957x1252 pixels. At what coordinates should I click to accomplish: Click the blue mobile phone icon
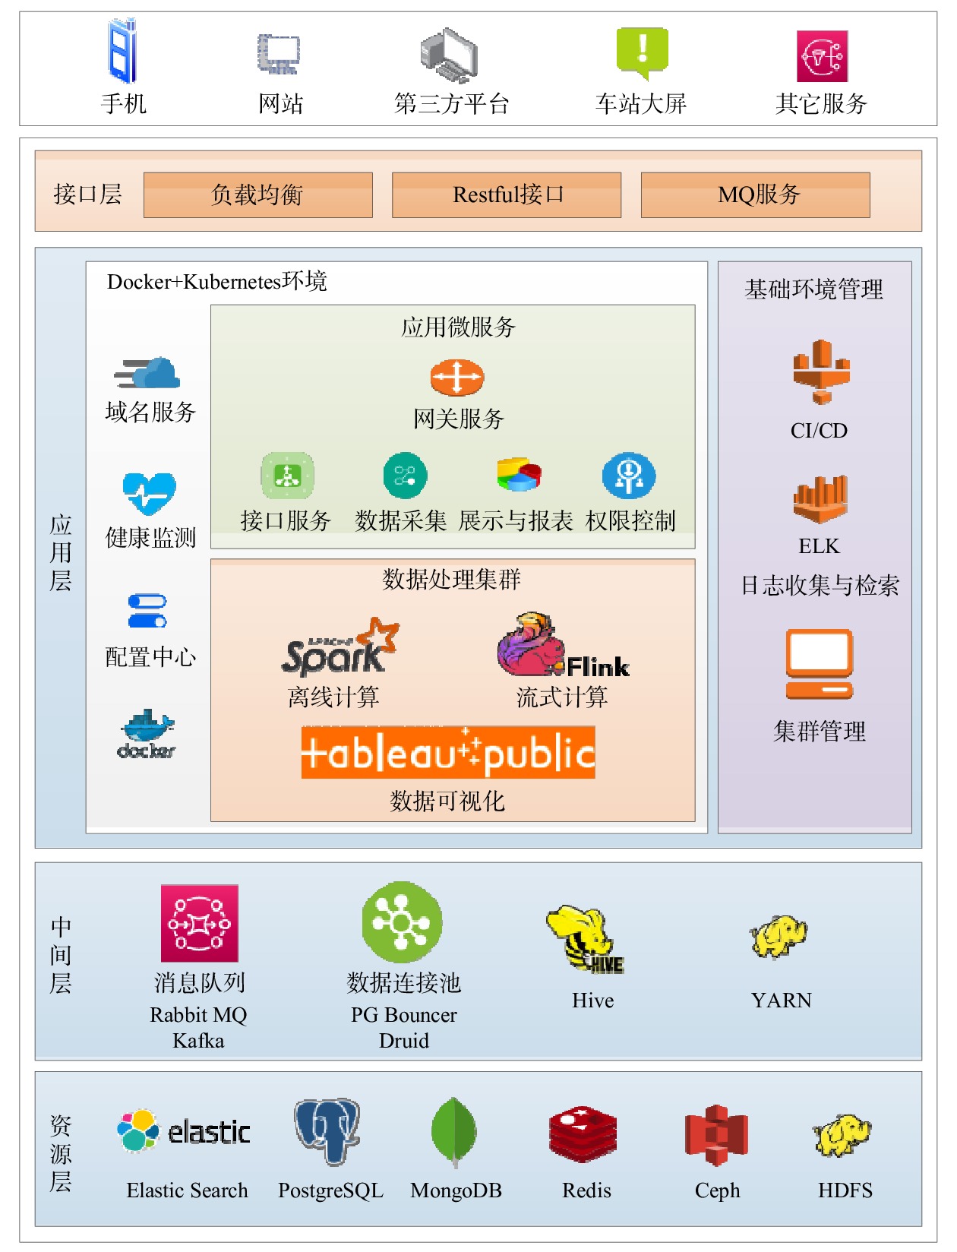tap(122, 52)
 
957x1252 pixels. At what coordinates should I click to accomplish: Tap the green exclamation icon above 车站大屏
tap(642, 52)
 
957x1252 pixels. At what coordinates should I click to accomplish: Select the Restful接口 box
tap(507, 194)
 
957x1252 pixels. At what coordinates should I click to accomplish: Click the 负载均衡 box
tap(257, 194)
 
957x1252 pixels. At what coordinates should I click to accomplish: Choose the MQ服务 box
tap(755, 194)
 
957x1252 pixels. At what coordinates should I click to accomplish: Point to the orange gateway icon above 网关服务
tap(456, 378)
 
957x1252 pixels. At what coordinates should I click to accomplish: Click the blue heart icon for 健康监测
tap(150, 493)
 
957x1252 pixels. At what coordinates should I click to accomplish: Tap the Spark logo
tap(338, 648)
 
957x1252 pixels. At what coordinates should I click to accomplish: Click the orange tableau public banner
tap(448, 753)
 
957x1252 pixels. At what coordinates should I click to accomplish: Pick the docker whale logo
tap(147, 735)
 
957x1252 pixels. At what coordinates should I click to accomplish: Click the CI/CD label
tap(819, 431)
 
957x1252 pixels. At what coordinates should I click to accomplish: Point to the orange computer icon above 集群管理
tap(819, 664)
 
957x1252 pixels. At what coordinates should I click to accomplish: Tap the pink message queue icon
tap(199, 923)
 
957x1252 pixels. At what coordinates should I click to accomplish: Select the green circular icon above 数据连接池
tap(402, 922)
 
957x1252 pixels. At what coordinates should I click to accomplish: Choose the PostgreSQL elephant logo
tap(327, 1130)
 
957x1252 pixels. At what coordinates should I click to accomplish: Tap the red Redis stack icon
tap(583, 1135)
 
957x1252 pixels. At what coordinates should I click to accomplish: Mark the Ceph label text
tap(717, 1190)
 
